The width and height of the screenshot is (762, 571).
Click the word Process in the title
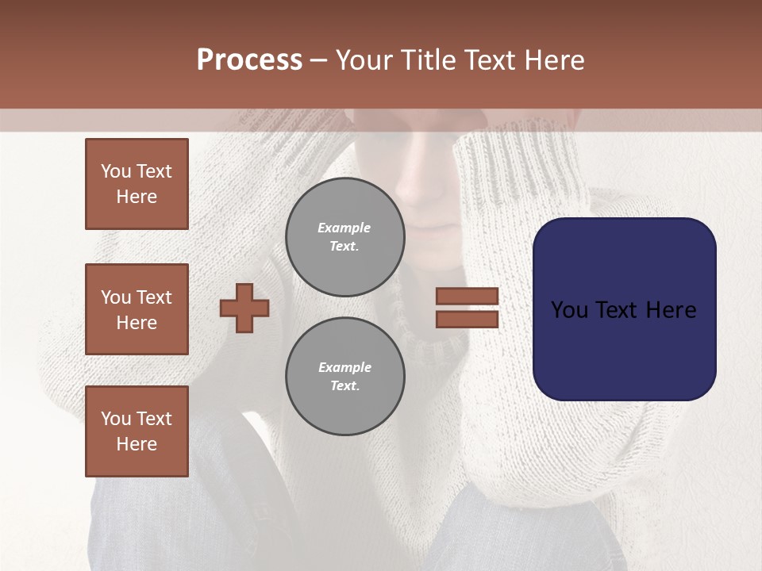[249, 60]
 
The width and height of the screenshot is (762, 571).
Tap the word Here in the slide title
[555, 60]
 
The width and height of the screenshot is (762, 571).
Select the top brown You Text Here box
[137, 184]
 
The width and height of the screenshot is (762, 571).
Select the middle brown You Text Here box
[137, 309]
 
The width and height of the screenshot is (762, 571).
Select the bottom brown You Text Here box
[137, 431]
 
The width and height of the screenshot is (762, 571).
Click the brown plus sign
[244, 308]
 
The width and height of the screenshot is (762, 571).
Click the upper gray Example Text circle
[344, 236]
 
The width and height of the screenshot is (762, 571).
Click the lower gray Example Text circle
[344, 376]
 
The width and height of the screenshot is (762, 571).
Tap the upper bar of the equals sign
[467, 297]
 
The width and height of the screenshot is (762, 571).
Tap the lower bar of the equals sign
[467, 319]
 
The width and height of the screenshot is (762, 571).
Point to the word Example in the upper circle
[344, 228]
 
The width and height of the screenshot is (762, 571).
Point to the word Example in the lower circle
[344, 367]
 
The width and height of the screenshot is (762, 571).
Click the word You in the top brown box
[116, 171]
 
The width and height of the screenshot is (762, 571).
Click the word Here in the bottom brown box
[137, 444]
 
